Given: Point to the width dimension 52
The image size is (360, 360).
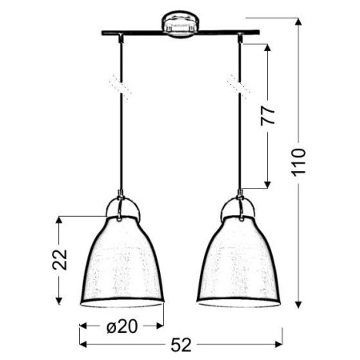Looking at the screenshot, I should click(x=181, y=345).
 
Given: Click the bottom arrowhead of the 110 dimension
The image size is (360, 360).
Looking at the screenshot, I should click(x=300, y=306).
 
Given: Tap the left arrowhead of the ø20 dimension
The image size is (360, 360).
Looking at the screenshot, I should click(x=82, y=327).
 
